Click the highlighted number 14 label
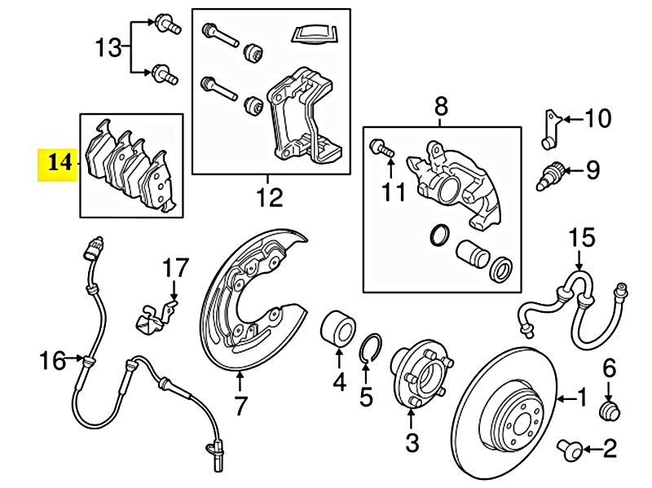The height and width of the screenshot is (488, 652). pos(59,162)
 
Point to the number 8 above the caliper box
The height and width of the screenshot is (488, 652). pos(440,106)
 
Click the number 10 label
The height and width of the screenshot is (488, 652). pos(597,120)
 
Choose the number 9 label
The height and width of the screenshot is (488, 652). pos(592,170)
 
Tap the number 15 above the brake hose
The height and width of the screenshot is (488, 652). pos(583,239)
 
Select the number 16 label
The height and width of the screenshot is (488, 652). pos(53,359)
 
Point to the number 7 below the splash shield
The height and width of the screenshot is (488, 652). pos(240,405)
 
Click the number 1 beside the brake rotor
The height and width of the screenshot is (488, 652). pos(581,398)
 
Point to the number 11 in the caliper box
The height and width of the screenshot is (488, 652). pos(394,192)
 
